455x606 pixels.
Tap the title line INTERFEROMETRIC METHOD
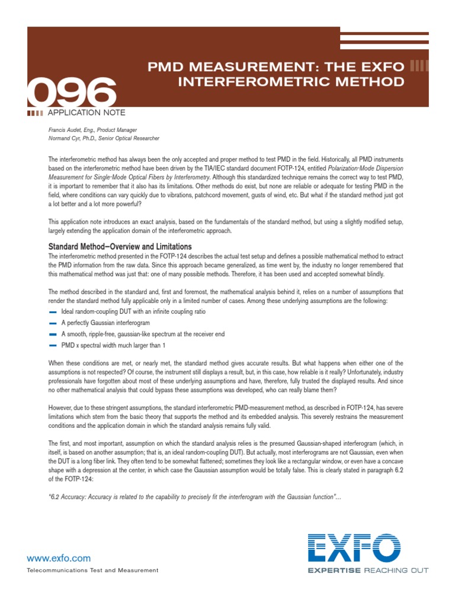[291, 81]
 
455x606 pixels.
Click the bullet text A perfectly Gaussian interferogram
[105, 323]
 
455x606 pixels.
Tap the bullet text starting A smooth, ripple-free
[143, 334]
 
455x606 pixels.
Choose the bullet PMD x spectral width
[113, 345]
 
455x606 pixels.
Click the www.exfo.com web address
[59, 557]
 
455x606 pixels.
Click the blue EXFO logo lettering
[354, 547]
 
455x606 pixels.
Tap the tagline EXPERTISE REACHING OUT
[367, 570]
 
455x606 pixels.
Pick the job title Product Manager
[116, 130]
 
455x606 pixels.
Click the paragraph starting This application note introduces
[225, 225]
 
